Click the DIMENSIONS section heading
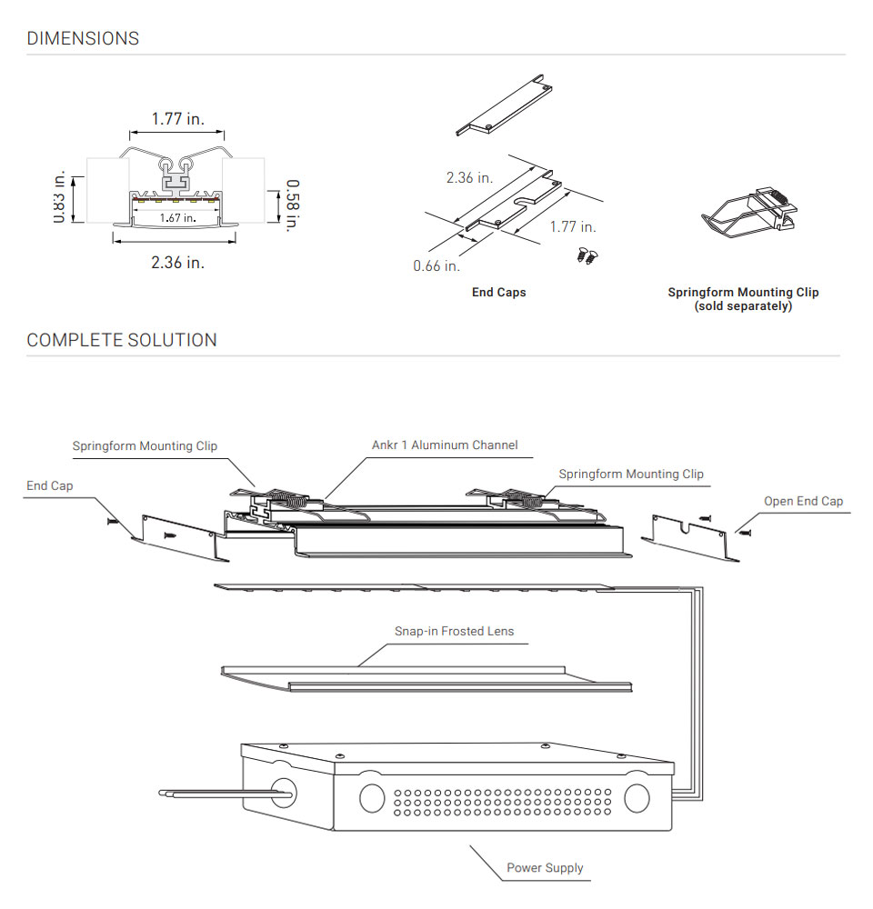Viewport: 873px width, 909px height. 83,38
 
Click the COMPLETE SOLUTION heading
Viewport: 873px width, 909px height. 122,340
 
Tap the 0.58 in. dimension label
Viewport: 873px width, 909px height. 293,205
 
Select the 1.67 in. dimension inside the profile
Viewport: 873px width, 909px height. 177,217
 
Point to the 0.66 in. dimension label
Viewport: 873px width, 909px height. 436,265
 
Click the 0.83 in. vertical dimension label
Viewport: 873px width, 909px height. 60,195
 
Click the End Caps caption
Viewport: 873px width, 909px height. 498,293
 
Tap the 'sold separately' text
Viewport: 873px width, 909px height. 743,306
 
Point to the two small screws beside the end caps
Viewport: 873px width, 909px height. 586,255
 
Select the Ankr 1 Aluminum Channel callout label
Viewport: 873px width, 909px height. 445,445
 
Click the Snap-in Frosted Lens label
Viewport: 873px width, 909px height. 454,631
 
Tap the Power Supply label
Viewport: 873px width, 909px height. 545,867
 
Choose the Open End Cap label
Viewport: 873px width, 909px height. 803,501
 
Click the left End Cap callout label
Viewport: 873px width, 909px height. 49,486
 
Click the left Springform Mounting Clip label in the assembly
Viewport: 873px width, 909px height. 145,446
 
